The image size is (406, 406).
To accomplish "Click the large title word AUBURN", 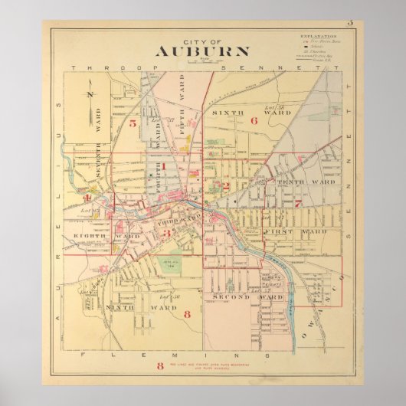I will click(202, 53).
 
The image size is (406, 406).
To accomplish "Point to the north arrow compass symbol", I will click(90, 96).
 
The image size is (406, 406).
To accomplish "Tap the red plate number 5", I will click(133, 123).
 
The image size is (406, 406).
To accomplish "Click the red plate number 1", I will click(163, 165).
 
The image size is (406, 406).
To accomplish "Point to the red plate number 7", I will click(297, 204).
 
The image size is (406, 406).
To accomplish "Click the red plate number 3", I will click(165, 232).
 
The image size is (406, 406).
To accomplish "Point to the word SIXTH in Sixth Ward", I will click(223, 112).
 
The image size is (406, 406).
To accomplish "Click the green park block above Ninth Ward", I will click(170, 264).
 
